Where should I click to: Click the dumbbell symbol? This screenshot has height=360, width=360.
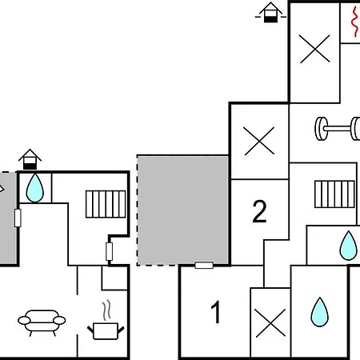pos(338,129)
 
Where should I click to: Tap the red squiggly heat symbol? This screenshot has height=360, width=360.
pos(355,22)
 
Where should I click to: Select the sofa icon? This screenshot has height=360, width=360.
pos(42,322)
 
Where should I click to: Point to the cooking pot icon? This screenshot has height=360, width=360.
pos(106,331)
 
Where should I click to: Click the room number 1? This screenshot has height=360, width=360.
pos(216,312)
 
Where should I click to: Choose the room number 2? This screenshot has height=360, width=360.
pos(259,211)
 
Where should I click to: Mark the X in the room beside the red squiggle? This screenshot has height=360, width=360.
pos(314,49)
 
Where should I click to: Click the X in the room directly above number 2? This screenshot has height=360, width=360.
pos(259,141)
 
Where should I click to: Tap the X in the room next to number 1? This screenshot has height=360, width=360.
pos(270,323)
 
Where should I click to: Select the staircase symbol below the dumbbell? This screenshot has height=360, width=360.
pos(334,194)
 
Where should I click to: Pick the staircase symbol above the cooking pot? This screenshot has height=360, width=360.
pos(106,204)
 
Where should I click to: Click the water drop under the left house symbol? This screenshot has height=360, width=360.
pos(35,188)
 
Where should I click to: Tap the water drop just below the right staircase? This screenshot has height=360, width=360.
pos(348,246)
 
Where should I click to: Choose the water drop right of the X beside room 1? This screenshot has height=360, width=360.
pos(320,312)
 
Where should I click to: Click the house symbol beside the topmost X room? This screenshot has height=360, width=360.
pos(270,12)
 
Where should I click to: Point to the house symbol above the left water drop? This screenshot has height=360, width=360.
pos(30,159)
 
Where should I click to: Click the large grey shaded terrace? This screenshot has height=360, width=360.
pos(182,210)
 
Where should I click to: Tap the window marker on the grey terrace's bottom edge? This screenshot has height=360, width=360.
pos(204,265)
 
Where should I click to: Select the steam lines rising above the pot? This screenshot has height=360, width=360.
pos(106,310)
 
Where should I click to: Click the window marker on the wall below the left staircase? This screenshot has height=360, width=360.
pos(109,251)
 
